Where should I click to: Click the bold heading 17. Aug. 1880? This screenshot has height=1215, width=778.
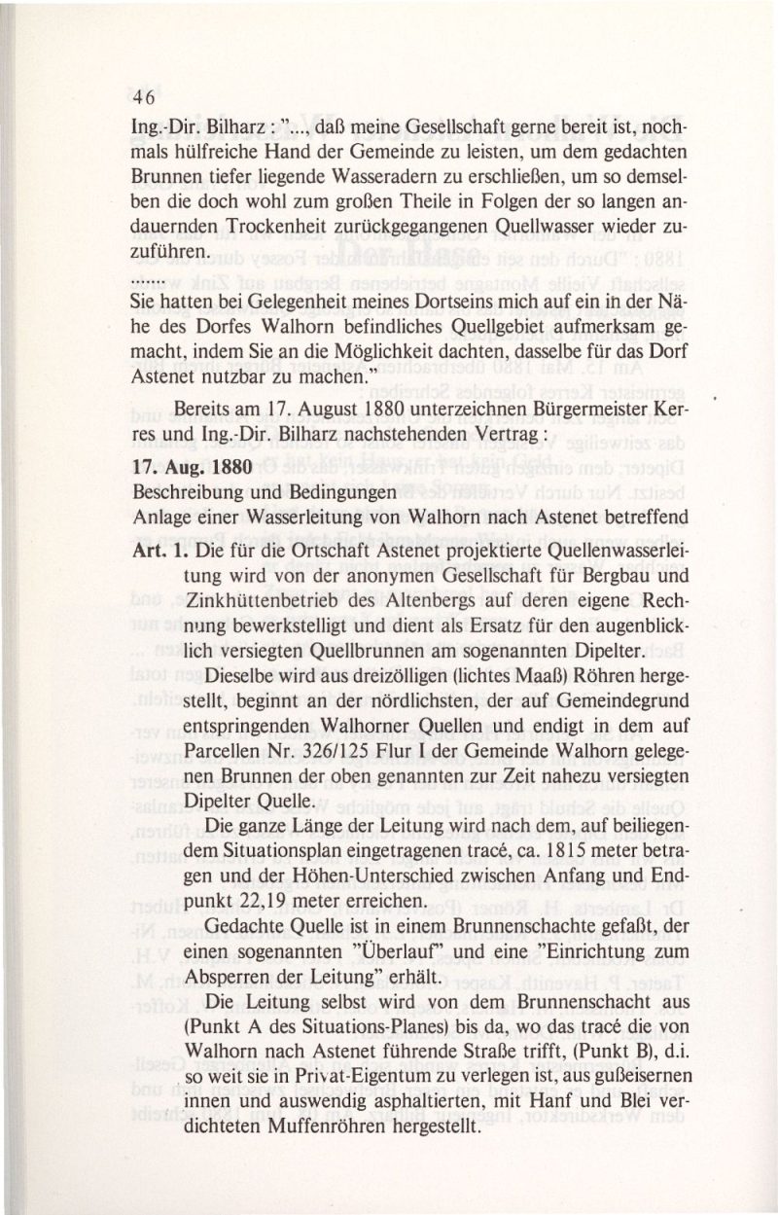point(192,464)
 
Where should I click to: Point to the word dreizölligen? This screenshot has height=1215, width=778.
point(324,674)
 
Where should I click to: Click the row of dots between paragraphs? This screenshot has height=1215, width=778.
point(143,279)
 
